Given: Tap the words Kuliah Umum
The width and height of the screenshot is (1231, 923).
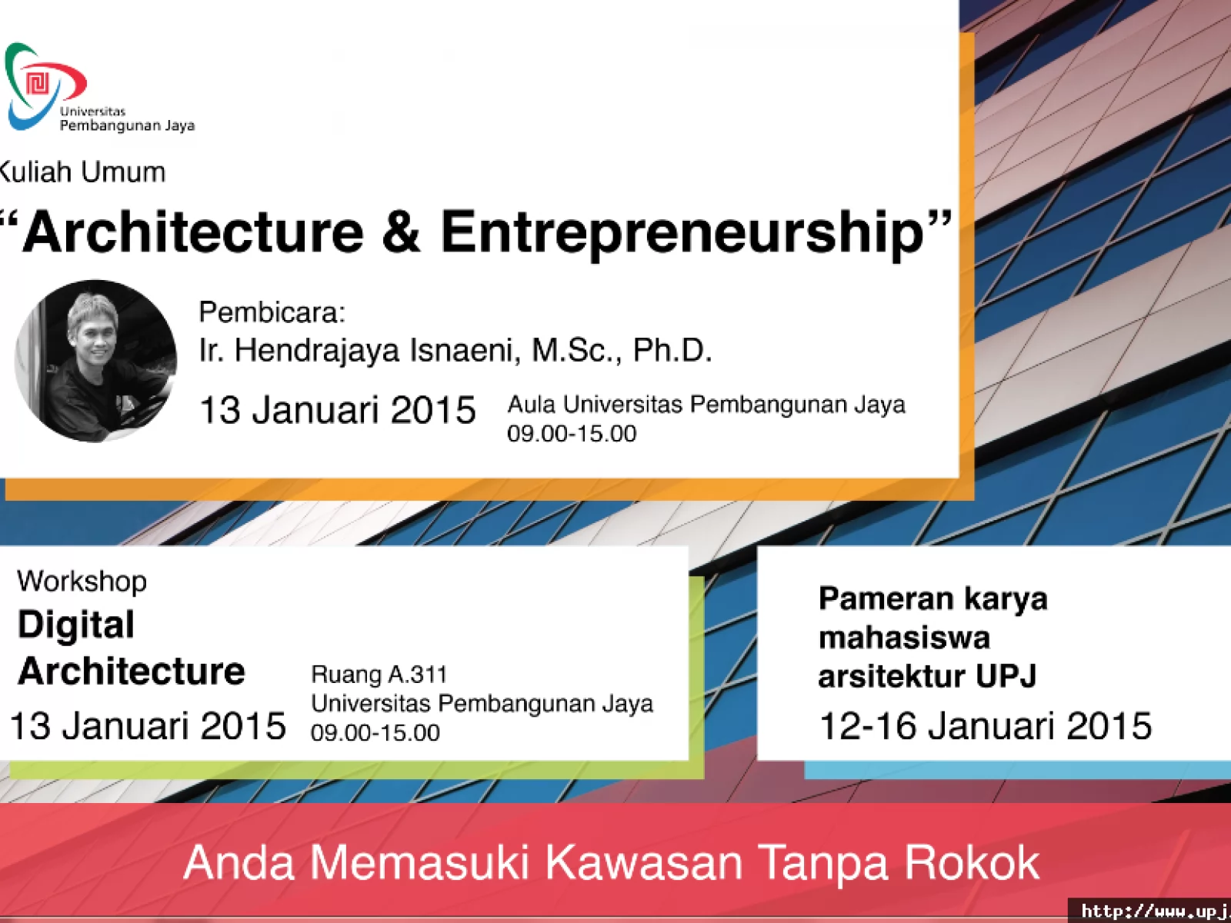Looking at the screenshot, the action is [x=82, y=172].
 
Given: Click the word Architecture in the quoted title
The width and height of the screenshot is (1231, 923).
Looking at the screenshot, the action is [x=192, y=232].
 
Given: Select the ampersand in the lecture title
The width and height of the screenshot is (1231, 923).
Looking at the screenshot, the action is [x=402, y=232].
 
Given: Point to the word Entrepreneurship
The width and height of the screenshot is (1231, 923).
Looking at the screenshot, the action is [x=682, y=235].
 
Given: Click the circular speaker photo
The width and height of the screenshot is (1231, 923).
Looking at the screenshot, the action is [x=95, y=361].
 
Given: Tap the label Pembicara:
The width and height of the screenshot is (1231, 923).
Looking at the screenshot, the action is [x=272, y=312].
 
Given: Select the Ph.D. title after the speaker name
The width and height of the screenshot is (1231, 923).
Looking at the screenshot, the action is [x=672, y=350].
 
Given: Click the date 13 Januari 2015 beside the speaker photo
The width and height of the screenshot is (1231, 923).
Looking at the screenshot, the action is [x=338, y=410].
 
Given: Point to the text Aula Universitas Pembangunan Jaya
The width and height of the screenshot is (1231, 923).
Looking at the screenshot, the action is [x=706, y=405].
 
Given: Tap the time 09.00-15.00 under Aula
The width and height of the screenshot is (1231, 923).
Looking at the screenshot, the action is [x=572, y=434].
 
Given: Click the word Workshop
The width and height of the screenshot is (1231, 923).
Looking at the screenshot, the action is [x=82, y=581].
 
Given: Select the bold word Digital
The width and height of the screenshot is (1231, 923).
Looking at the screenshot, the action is [x=75, y=625].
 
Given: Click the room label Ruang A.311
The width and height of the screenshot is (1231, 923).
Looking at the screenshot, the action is [x=379, y=675].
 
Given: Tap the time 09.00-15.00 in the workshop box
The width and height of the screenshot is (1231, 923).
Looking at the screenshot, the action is [x=375, y=733].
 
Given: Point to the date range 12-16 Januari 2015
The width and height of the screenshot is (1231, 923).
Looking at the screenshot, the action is [x=986, y=726].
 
